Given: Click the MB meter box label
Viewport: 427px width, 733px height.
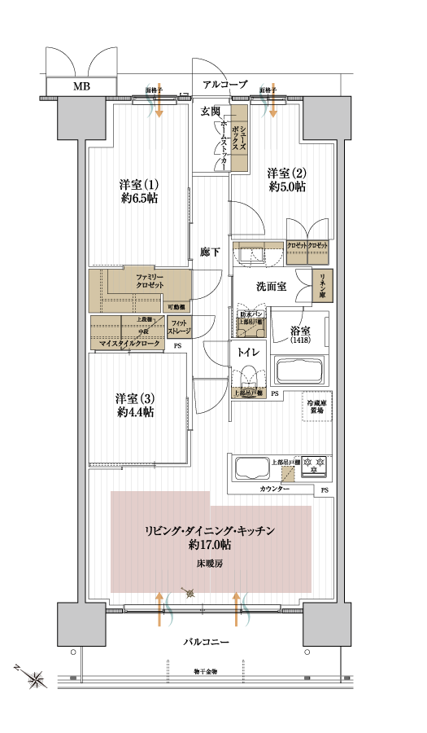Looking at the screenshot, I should [82, 86].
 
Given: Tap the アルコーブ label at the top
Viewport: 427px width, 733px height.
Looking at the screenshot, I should [225, 84].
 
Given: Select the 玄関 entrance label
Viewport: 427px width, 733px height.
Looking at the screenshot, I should [211, 112].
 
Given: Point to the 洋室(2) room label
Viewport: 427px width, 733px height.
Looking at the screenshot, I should [287, 179].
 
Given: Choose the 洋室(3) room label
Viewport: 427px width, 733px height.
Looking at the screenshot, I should [135, 405].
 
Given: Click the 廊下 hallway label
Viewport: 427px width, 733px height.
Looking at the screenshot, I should [210, 252].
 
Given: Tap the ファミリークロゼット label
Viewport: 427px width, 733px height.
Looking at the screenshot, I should [150, 281].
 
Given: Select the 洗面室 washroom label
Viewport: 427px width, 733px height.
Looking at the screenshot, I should [271, 286].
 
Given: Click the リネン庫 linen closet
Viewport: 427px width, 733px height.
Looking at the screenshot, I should [324, 285].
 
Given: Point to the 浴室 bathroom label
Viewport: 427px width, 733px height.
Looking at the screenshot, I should [300, 334].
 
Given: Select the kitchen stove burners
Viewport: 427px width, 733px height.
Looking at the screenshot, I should [315, 465].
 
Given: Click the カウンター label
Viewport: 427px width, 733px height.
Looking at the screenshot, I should [275, 489].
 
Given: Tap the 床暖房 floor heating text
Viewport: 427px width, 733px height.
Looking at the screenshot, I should [209, 563].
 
